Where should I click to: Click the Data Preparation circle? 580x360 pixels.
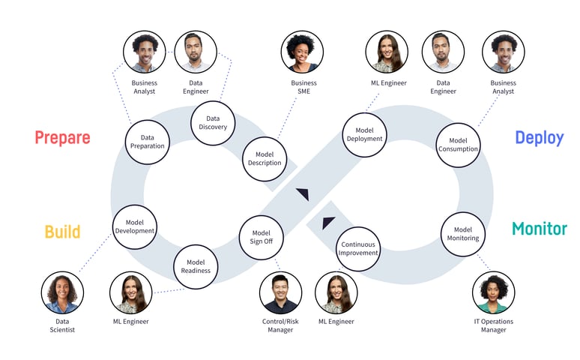[x=147, y=142]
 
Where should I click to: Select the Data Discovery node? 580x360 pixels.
[x=213, y=122]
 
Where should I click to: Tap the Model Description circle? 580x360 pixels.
[x=265, y=158]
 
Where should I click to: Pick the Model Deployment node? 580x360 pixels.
[x=364, y=134]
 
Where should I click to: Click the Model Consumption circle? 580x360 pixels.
[x=458, y=144]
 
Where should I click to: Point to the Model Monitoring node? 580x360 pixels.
[x=463, y=234]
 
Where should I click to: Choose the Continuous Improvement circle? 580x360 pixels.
[x=358, y=249]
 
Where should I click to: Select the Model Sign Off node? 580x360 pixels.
[x=261, y=237]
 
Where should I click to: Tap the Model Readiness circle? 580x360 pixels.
[x=196, y=265]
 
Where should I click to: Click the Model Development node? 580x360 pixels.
[x=135, y=226]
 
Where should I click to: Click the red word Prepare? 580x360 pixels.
[x=62, y=138]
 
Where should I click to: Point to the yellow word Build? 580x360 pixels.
[x=62, y=232]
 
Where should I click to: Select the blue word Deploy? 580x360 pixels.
[x=539, y=138]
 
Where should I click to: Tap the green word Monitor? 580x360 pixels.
[x=539, y=229]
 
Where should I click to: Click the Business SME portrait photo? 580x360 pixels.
[x=302, y=52]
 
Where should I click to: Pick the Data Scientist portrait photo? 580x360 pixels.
[x=63, y=292]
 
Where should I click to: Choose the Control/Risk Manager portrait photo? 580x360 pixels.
[x=281, y=292]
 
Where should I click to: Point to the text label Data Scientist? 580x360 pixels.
[x=63, y=325]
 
